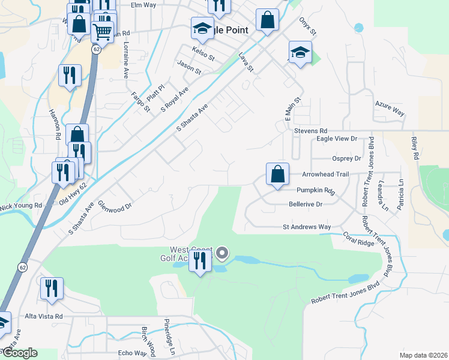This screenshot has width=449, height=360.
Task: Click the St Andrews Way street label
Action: pos(307,227)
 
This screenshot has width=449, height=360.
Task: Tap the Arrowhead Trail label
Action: pos(325,174)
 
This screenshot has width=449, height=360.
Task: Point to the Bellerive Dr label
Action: pos(306,204)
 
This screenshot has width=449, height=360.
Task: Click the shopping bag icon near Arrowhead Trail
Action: pos(277,175)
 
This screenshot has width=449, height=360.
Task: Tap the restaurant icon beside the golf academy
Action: pos(200,261)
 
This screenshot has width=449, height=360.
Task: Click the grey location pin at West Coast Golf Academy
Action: pos(223,254)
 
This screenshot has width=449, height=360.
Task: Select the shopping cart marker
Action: pos(103,32)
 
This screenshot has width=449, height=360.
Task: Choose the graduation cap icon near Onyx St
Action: pos(300,52)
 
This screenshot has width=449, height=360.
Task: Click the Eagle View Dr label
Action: pos(337,139)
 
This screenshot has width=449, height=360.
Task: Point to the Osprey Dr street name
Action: pos(346,158)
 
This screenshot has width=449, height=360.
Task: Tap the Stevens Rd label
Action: pos(310,130)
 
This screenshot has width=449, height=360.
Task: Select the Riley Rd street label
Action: pos(414,147)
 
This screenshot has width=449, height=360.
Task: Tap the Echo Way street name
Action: pos(132,353)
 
